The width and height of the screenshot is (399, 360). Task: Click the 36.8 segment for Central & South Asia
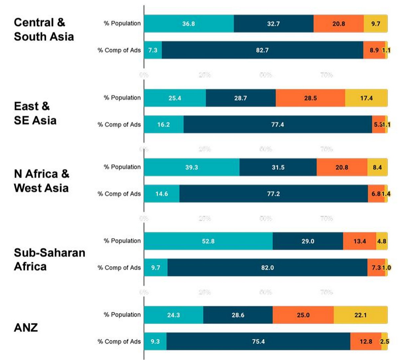point(189,24)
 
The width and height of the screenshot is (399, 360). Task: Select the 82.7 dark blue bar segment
point(262,50)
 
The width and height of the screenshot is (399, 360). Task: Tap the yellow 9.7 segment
point(375,24)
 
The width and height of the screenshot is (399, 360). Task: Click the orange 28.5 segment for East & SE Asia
point(310,98)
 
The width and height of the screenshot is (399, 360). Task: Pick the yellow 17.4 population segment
point(366,98)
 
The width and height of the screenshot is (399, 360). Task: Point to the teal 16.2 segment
point(164,124)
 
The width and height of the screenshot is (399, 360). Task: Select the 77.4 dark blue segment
point(278,124)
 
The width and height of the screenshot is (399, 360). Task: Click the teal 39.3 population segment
point(192,167)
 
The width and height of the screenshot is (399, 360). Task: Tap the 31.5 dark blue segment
point(278,167)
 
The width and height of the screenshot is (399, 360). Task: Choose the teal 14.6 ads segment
point(162,194)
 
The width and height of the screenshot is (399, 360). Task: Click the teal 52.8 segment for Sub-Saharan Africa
point(208,241)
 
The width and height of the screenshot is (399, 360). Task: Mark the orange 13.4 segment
point(359,241)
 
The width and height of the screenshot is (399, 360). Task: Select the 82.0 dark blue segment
point(267,268)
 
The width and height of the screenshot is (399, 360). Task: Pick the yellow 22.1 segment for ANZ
point(360,315)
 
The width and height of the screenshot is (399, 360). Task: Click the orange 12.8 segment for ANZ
point(366,341)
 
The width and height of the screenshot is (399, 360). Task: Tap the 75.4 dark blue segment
point(258,341)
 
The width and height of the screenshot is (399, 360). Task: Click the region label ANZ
point(26,328)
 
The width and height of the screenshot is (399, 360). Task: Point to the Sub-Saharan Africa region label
point(49,260)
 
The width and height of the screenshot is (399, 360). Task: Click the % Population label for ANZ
point(122,315)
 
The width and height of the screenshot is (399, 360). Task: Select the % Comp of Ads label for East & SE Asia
point(119,125)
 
